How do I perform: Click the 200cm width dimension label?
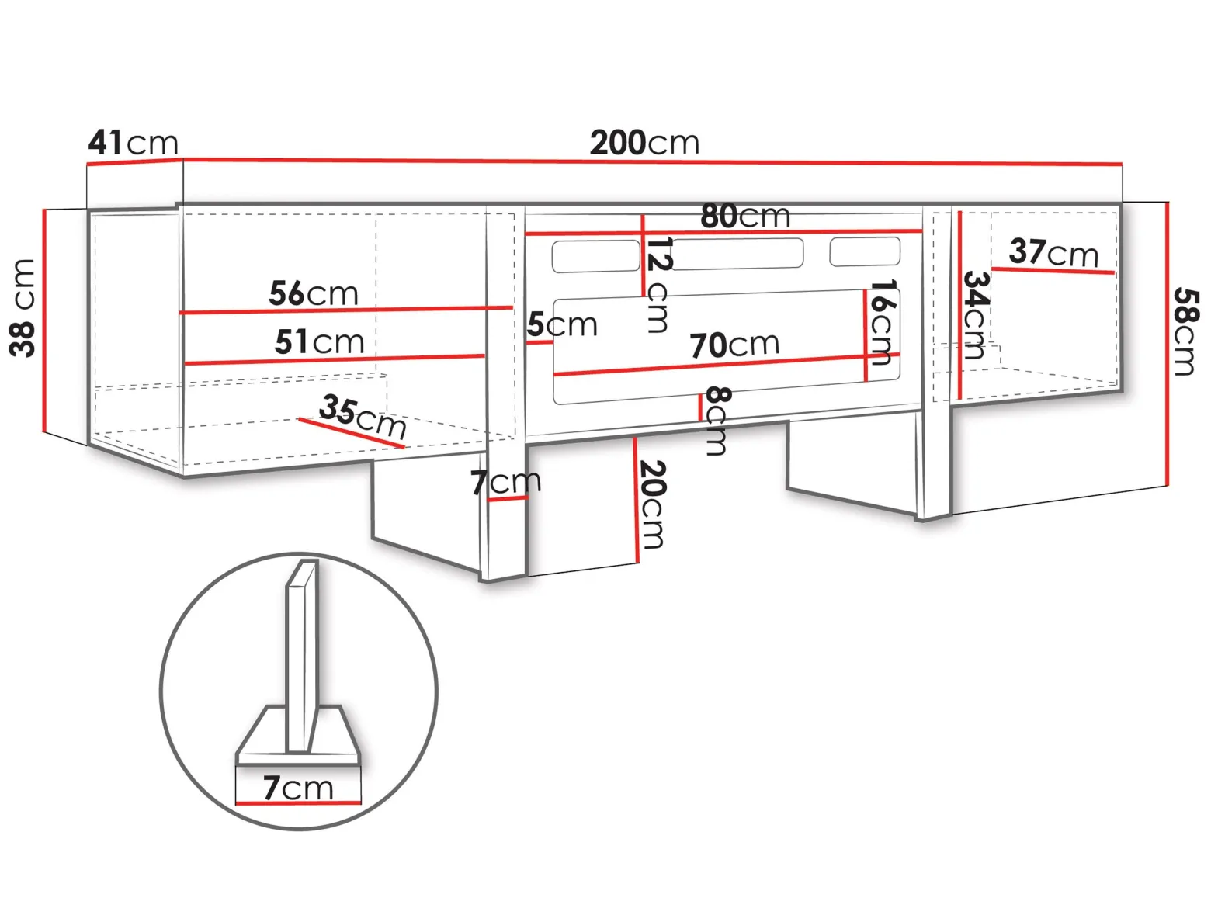644,143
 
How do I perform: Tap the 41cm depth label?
133,143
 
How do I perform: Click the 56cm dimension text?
314,293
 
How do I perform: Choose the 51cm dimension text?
319,341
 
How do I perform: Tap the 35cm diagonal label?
363,416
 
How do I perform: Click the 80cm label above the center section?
744,216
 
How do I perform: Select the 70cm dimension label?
734,345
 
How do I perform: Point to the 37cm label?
1053,252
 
